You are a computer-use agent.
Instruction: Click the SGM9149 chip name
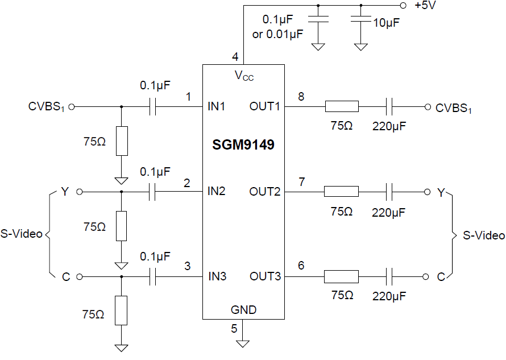click(243, 145)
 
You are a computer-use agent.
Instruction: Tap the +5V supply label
click(425, 6)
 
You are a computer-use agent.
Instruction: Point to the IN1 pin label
click(217, 106)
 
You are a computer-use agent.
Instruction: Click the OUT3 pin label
click(265, 276)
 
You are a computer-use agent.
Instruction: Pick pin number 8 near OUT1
click(301, 97)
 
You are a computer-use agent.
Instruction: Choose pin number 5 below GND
click(234, 328)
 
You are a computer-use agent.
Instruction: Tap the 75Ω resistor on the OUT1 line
click(341, 106)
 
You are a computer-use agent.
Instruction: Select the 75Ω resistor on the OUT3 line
click(341, 276)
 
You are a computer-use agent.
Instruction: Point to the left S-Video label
click(22, 234)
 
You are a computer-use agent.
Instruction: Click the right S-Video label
click(484, 235)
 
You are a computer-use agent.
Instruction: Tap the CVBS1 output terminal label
click(454, 107)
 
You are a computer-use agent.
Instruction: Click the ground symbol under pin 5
click(243, 343)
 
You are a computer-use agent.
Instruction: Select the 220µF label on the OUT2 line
click(389, 213)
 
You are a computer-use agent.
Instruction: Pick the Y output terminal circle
click(426, 192)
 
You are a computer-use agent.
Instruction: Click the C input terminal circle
click(79, 276)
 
